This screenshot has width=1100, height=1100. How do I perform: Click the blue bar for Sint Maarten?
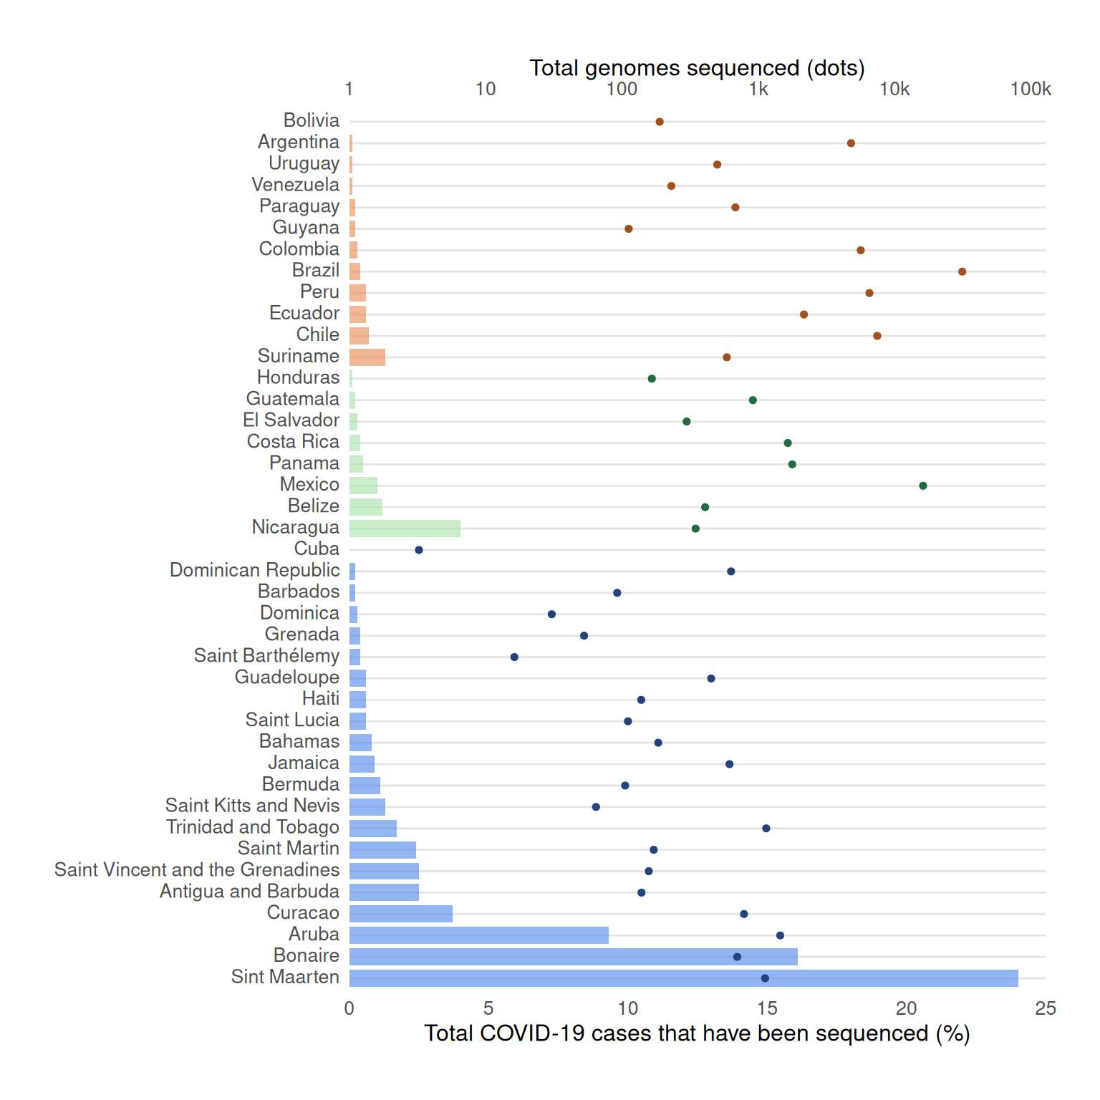click(x=683, y=978)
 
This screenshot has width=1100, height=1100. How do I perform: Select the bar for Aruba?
click(x=478, y=935)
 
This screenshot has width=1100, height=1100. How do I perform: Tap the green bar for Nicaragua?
click(x=405, y=529)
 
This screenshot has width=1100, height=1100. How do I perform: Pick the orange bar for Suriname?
click(x=367, y=357)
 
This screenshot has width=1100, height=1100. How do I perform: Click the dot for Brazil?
click(x=962, y=271)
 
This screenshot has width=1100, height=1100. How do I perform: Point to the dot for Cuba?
click(x=419, y=550)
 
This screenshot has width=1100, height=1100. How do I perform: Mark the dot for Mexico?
click(x=923, y=486)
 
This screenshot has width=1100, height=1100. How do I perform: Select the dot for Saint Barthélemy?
click(x=514, y=657)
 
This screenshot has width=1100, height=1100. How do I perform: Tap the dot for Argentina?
click(x=851, y=143)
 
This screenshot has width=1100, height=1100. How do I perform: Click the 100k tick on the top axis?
click(x=1031, y=89)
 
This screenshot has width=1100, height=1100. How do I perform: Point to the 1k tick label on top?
click(x=758, y=89)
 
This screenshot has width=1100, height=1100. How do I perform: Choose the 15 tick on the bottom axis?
click(x=767, y=1008)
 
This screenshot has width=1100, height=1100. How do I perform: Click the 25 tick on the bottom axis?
click(x=1046, y=1008)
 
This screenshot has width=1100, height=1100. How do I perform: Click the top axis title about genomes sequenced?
click(x=697, y=68)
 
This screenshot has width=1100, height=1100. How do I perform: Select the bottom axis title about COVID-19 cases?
click(x=697, y=1033)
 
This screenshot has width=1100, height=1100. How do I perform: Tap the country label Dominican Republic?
click(x=254, y=570)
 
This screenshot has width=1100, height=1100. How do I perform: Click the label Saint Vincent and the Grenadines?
click(x=197, y=869)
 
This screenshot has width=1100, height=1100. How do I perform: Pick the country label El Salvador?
click(x=291, y=420)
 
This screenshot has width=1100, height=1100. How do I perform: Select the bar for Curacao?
click(x=400, y=914)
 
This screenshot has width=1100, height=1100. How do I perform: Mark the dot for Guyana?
click(x=628, y=229)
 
